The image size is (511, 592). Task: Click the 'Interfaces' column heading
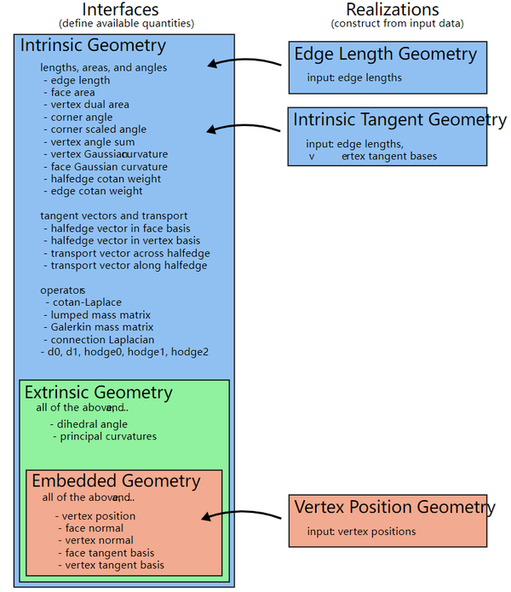pos(125,9)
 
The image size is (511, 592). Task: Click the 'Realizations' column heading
pos(392,9)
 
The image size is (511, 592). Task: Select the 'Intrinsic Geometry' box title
pos(93,45)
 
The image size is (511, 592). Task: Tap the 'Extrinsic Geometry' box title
pos(98,393)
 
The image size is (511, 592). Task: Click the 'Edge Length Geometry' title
pos(385,55)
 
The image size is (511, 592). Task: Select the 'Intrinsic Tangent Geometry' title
pos(399,120)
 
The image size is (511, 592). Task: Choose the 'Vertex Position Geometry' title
pos(394,508)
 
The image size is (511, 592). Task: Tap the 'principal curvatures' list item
pos(106,437)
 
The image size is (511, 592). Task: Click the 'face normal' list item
pos(95,528)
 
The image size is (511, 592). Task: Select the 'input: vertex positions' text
pos(362,532)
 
